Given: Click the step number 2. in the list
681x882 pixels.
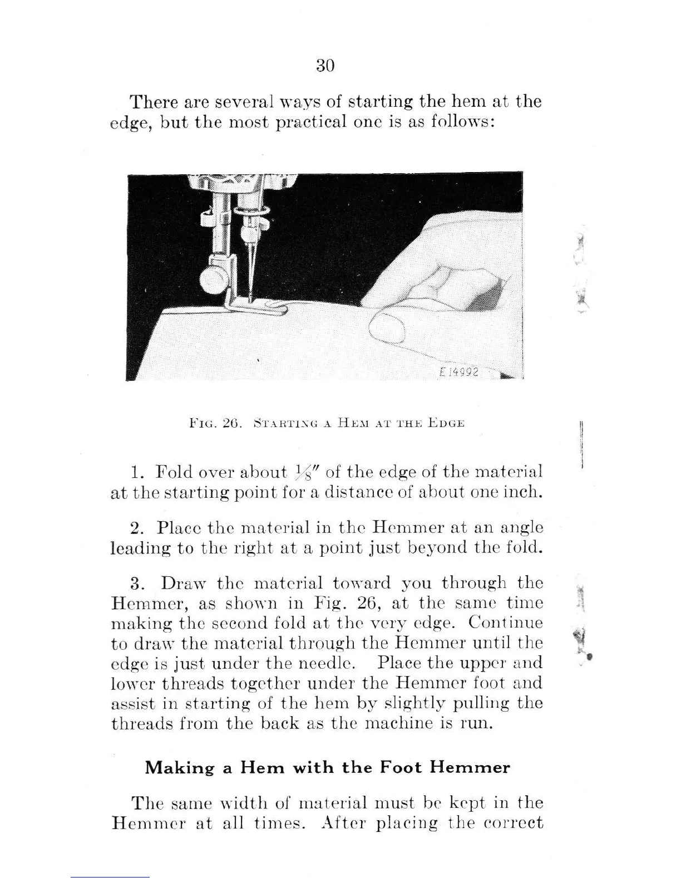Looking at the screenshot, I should [136, 527].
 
